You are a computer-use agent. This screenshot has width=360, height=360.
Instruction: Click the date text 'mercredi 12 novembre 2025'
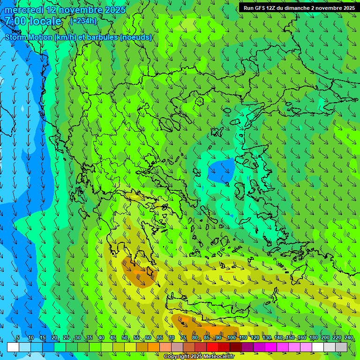65,10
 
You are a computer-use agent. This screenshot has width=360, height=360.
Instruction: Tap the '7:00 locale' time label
33,21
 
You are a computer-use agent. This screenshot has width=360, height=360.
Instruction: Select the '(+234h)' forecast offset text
83,21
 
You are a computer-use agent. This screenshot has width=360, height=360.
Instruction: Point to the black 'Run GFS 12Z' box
299,8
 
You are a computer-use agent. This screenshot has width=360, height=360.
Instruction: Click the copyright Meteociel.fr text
198,357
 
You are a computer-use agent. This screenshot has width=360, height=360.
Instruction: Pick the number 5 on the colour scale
18,338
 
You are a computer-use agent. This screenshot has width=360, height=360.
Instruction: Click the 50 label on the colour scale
125,338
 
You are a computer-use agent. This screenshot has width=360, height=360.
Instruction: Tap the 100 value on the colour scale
232,338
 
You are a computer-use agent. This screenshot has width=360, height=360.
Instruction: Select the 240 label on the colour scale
349,338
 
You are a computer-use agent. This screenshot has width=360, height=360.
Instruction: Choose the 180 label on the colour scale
313,338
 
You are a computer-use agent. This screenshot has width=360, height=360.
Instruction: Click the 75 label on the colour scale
183,338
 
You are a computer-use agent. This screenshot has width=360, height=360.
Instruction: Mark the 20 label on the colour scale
54,338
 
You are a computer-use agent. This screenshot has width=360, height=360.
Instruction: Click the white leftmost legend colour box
13,347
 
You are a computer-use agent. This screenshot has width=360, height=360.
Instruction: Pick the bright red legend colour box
212,347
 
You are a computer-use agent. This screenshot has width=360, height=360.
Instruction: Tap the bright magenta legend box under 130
271,347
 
